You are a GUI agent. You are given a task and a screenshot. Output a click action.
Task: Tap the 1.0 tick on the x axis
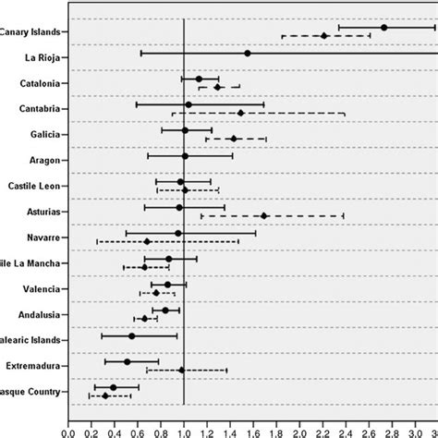pyautogui.click(x=184, y=429)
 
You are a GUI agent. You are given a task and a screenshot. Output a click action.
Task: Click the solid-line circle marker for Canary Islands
pyautogui.click(x=384, y=28)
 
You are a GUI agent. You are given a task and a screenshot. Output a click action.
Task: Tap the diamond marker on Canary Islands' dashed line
pyautogui.click(x=324, y=36)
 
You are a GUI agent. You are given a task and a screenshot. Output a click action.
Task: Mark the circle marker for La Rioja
pyautogui.click(x=248, y=53)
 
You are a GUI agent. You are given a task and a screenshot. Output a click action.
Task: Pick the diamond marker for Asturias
pyautogui.click(x=264, y=215)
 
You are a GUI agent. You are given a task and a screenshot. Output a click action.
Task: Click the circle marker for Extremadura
pyautogui.click(x=127, y=361)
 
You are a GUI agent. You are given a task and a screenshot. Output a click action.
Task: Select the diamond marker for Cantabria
pyautogui.click(x=241, y=113)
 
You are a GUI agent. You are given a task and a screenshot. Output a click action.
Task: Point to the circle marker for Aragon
pyautogui.click(x=185, y=156)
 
